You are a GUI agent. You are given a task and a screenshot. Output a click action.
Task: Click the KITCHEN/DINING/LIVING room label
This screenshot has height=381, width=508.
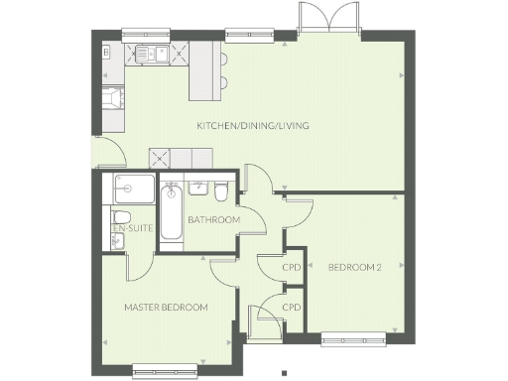[253, 126]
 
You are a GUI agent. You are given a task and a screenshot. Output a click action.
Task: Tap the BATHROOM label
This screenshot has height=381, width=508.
[214, 219]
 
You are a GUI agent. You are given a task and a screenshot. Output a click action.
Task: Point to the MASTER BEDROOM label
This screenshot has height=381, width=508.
[166, 308]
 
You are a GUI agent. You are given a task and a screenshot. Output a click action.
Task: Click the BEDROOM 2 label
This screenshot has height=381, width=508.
[354, 267]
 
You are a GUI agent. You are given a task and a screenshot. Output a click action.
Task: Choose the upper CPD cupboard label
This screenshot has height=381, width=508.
[291, 267]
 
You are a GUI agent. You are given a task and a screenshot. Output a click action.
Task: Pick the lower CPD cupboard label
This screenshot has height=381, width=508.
[291, 308]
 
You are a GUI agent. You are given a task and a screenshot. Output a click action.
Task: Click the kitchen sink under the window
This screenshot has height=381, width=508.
[150, 53]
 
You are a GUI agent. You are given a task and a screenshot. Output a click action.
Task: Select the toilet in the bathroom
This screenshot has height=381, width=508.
[221, 189]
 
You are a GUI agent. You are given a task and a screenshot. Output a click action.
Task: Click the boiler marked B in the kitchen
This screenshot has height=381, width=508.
[106, 51]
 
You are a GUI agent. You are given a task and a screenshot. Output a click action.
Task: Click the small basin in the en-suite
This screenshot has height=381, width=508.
[117, 241]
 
